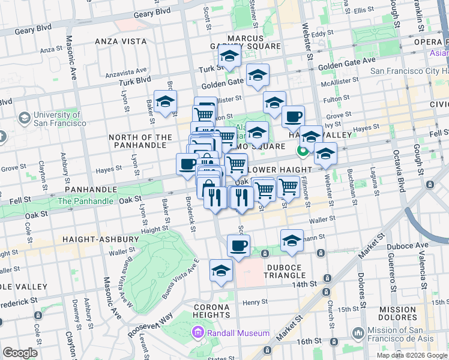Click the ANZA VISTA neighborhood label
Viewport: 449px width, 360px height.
[121, 41]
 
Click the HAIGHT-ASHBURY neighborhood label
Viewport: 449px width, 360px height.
[100, 239]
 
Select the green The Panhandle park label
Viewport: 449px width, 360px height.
[85, 201]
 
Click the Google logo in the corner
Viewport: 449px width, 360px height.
[20, 353]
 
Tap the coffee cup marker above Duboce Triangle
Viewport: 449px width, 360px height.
[238, 245]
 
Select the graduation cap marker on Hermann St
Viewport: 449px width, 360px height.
[292, 241]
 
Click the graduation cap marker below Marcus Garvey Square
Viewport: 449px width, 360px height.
[229, 57]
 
